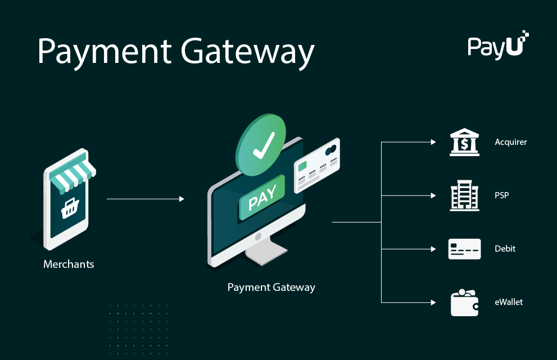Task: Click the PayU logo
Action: pyautogui.click(x=497, y=45)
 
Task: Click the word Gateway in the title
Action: pyautogui.click(x=247, y=52)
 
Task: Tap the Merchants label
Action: pyautogui.click(x=69, y=264)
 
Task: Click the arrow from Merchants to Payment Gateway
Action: pyautogui.click(x=145, y=199)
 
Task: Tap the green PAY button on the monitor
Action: pyautogui.click(x=262, y=198)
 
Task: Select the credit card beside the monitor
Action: pyautogui.click(x=317, y=165)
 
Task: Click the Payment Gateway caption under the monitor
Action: pyautogui.click(x=271, y=288)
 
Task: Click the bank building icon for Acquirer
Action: pyautogui.click(x=464, y=142)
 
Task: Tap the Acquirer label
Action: pyautogui.click(x=510, y=142)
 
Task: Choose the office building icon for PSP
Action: pyautogui.click(x=464, y=195)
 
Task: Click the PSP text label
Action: pyautogui.click(x=501, y=195)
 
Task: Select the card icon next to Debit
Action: pyautogui.click(x=464, y=249)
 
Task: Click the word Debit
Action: pyautogui.click(x=505, y=249)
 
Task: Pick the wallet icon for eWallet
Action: pyautogui.click(x=464, y=303)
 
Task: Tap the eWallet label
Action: pyautogui.click(x=509, y=302)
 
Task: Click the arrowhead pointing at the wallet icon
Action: pyautogui.click(x=433, y=303)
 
